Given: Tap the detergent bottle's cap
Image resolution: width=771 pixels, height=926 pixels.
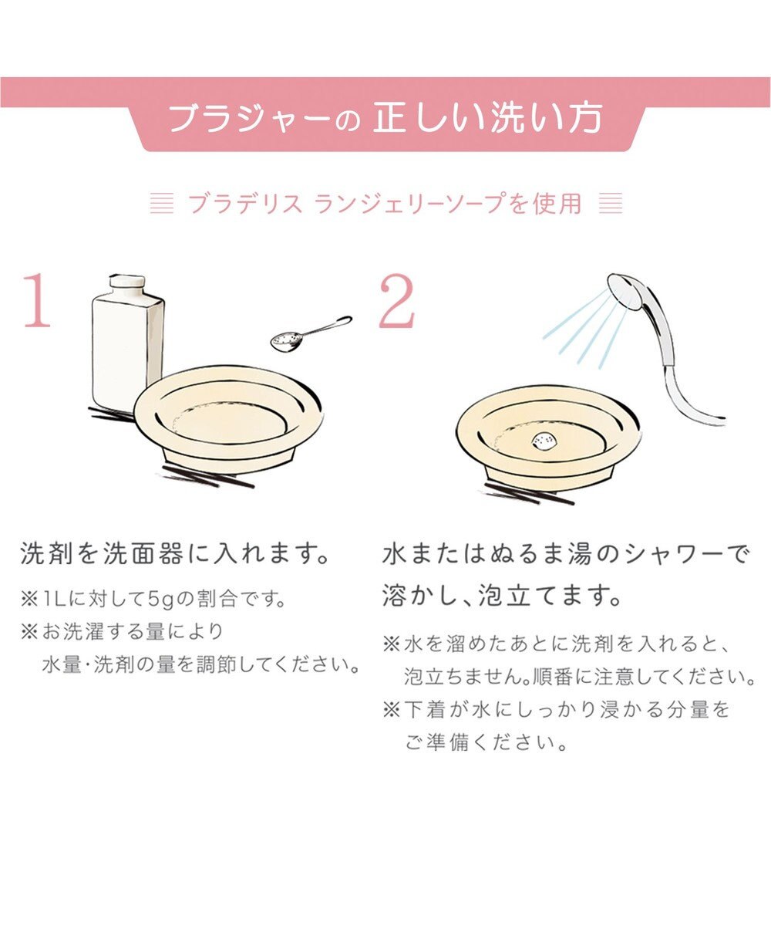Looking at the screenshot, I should coord(127,284).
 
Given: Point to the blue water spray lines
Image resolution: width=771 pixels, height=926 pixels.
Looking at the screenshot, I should coord(584,328).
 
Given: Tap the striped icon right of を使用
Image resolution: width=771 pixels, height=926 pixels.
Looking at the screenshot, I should coord(610,203).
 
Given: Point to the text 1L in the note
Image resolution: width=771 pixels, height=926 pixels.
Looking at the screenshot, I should coord(56,598).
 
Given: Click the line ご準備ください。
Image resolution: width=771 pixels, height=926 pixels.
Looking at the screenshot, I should coord(487,744).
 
